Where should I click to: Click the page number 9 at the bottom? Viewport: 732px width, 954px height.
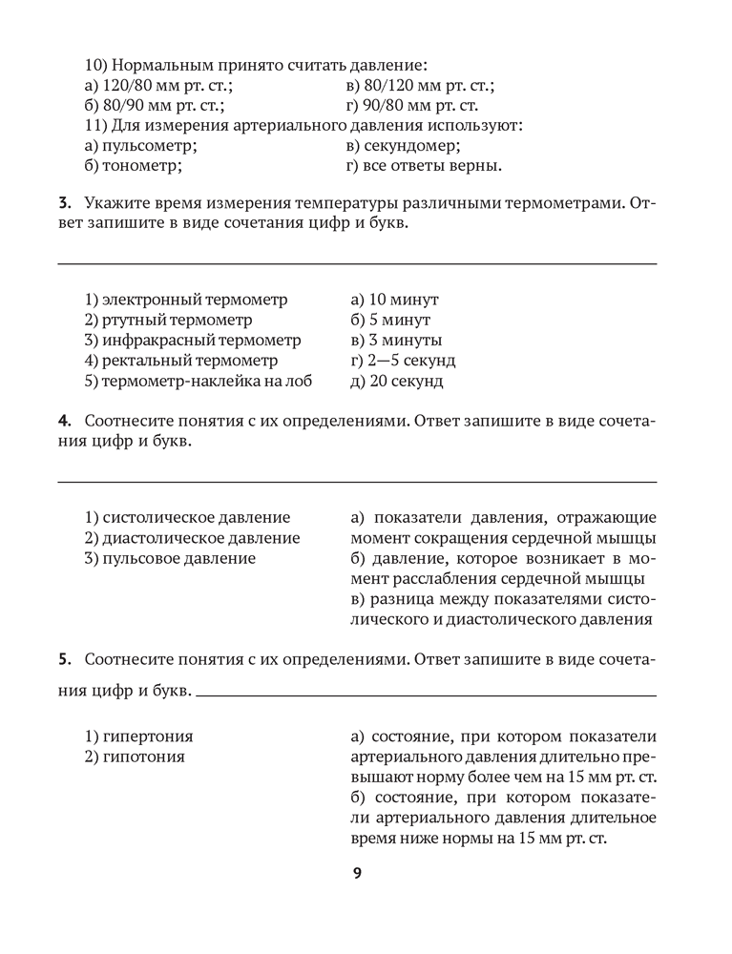[x=357, y=873]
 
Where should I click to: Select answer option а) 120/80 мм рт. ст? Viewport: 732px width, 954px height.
[x=153, y=86]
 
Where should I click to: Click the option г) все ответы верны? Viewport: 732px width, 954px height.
[x=425, y=166]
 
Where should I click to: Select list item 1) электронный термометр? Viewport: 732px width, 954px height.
[x=186, y=300]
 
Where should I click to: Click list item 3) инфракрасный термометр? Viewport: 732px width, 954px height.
[x=193, y=341]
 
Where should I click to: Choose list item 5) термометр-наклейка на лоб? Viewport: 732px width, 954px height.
[x=199, y=381]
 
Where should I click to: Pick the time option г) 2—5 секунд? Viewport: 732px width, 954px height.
[x=403, y=361]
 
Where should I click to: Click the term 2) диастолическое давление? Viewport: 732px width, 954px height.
[x=192, y=538]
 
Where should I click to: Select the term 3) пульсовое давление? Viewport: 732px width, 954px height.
[x=170, y=558]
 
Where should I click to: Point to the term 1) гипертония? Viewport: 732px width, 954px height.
[x=139, y=736]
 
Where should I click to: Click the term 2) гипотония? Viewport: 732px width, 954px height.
[x=136, y=757]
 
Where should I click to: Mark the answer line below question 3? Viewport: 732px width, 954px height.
[x=358, y=262]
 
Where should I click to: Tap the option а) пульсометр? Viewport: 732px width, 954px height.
[x=140, y=146]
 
